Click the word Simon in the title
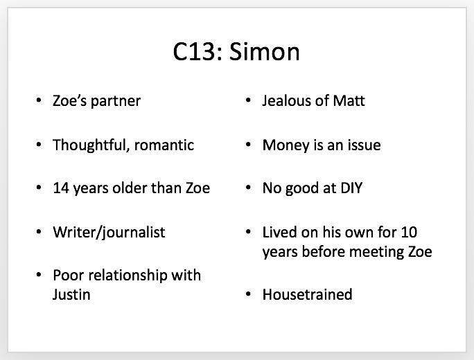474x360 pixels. (264, 51)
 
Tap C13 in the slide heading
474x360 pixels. (194, 52)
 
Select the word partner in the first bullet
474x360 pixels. (116, 102)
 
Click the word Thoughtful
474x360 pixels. (91, 145)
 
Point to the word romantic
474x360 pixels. (164, 145)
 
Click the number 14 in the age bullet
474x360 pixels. (62, 188)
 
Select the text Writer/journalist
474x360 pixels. (109, 233)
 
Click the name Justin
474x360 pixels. (71, 295)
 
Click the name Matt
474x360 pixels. (349, 100)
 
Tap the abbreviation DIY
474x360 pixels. (351, 188)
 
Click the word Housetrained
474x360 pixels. (308, 294)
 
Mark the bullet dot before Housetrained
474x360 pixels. (248, 294)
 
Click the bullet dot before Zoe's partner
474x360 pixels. (38, 100)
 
